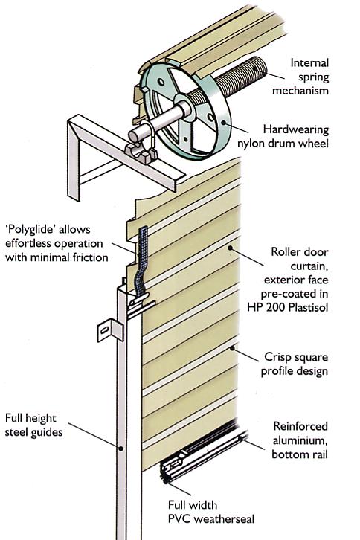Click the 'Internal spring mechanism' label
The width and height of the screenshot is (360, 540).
300,77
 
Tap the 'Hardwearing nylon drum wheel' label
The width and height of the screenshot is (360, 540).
283,136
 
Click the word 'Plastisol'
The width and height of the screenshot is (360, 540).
309,307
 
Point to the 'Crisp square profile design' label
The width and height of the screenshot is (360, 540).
295,364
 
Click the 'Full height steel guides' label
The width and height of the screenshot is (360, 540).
33,425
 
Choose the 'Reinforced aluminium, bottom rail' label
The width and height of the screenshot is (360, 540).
300,440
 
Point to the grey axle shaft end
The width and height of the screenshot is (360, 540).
135,135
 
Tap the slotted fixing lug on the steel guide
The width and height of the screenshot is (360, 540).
110,330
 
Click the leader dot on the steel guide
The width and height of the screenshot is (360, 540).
121,449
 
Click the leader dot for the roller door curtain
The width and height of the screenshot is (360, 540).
230,247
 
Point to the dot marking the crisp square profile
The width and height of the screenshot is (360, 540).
233,348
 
